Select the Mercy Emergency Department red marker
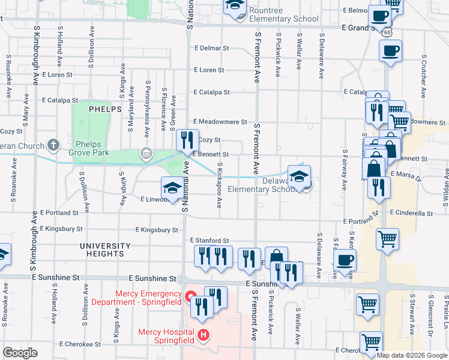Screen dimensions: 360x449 189,296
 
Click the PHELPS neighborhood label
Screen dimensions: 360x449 105,110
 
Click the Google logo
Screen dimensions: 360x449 20,353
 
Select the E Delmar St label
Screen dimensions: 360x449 211,48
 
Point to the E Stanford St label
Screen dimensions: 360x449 209,240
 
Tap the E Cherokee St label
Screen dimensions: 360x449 80,344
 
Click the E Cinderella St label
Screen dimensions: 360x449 411,213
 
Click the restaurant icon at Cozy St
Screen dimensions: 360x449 187,140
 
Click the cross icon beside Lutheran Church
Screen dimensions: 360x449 53,145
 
